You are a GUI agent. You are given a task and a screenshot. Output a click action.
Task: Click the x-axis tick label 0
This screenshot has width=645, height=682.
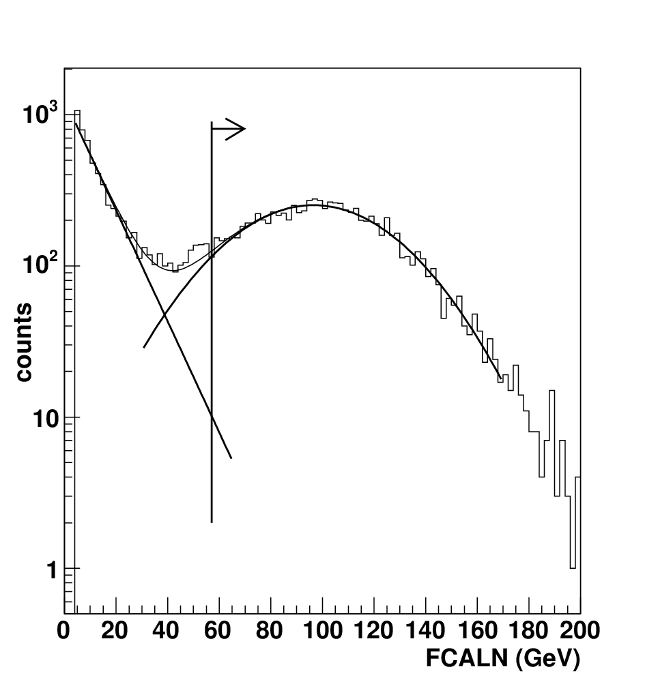click(x=63, y=631)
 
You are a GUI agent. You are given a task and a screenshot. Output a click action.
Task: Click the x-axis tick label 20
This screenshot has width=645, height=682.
click(x=115, y=631)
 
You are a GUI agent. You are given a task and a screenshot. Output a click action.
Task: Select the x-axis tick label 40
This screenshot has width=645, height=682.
click(x=166, y=631)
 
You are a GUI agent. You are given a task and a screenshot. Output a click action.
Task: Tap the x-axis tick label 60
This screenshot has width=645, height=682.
click(x=218, y=631)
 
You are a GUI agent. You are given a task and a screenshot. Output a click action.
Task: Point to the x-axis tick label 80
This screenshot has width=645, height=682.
click(x=270, y=631)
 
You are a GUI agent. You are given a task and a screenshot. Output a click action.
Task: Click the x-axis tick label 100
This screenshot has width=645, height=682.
click(x=322, y=631)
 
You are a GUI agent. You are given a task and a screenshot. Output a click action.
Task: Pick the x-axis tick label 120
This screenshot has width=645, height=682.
click(x=374, y=631)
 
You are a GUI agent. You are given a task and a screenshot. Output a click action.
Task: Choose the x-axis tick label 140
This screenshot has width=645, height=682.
click(x=426, y=631)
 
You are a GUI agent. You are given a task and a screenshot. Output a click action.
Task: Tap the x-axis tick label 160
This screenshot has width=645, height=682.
click(x=478, y=631)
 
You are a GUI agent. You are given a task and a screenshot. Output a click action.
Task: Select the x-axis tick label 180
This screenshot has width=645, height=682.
click(x=529, y=631)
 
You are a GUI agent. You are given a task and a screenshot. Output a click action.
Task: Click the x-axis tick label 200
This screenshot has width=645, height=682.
click(x=579, y=631)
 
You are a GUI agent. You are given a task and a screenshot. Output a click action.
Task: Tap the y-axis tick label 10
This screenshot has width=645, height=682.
click(x=45, y=419)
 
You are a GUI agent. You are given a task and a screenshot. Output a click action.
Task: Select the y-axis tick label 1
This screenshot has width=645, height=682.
click(x=53, y=570)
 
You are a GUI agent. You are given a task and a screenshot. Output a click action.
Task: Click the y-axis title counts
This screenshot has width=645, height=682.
click(x=24, y=342)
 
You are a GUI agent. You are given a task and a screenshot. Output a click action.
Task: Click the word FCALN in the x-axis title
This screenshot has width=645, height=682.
click(x=467, y=658)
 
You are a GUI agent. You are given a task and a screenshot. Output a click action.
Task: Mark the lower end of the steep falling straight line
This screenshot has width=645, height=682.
click(x=231, y=458)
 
